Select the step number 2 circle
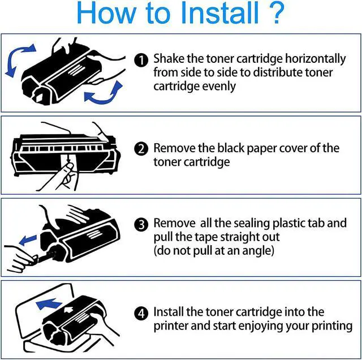[x=141, y=149]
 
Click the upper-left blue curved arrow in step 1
[x=16, y=59]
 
